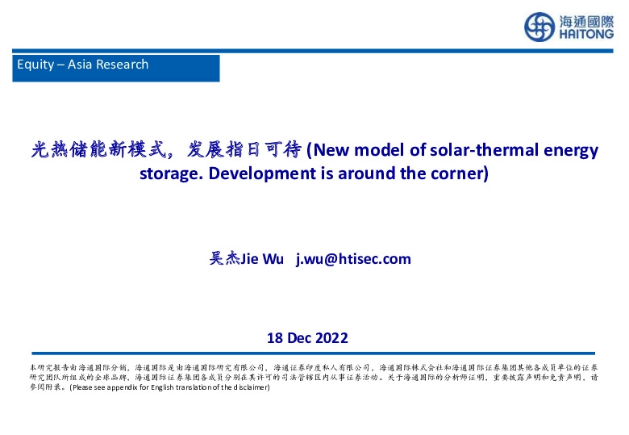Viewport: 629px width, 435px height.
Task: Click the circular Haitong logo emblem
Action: click(x=539, y=27)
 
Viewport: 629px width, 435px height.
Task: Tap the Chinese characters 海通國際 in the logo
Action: click(x=585, y=21)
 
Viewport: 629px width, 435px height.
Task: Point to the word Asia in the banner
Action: click(x=80, y=65)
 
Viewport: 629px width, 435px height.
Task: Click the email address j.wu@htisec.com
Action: click(x=353, y=259)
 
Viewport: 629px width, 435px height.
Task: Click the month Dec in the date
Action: click(x=298, y=337)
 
